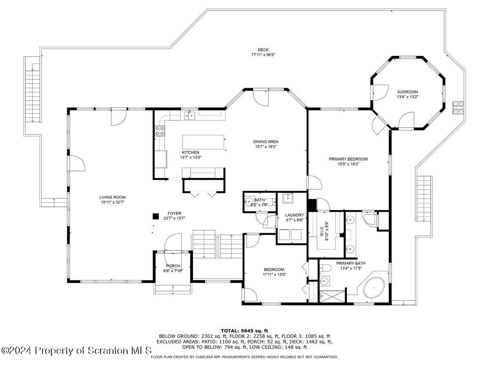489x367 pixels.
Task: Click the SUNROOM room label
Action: (407, 92)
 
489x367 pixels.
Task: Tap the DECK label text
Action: (263, 50)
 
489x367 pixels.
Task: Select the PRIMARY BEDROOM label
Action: (348, 159)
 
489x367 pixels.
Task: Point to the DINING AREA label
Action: (266, 142)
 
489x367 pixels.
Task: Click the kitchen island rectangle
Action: (203, 142)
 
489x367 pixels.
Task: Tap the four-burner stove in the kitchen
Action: (160, 131)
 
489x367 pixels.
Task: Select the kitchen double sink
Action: (189, 115)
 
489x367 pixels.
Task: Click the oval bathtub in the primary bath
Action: (374, 287)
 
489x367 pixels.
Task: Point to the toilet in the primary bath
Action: (325, 268)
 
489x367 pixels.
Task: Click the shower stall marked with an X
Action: (332, 296)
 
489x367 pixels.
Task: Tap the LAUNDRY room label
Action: (294, 215)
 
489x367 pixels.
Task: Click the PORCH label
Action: (173, 266)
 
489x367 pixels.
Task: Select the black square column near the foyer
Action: (156, 217)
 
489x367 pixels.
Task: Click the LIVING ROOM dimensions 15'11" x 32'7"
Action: (112, 202)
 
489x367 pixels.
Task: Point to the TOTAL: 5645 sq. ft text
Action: (244, 331)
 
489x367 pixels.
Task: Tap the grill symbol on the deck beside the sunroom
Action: (458, 108)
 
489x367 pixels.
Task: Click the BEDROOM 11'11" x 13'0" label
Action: (274, 272)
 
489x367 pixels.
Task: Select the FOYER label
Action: (174, 213)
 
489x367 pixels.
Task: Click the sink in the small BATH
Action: (248, 202)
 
